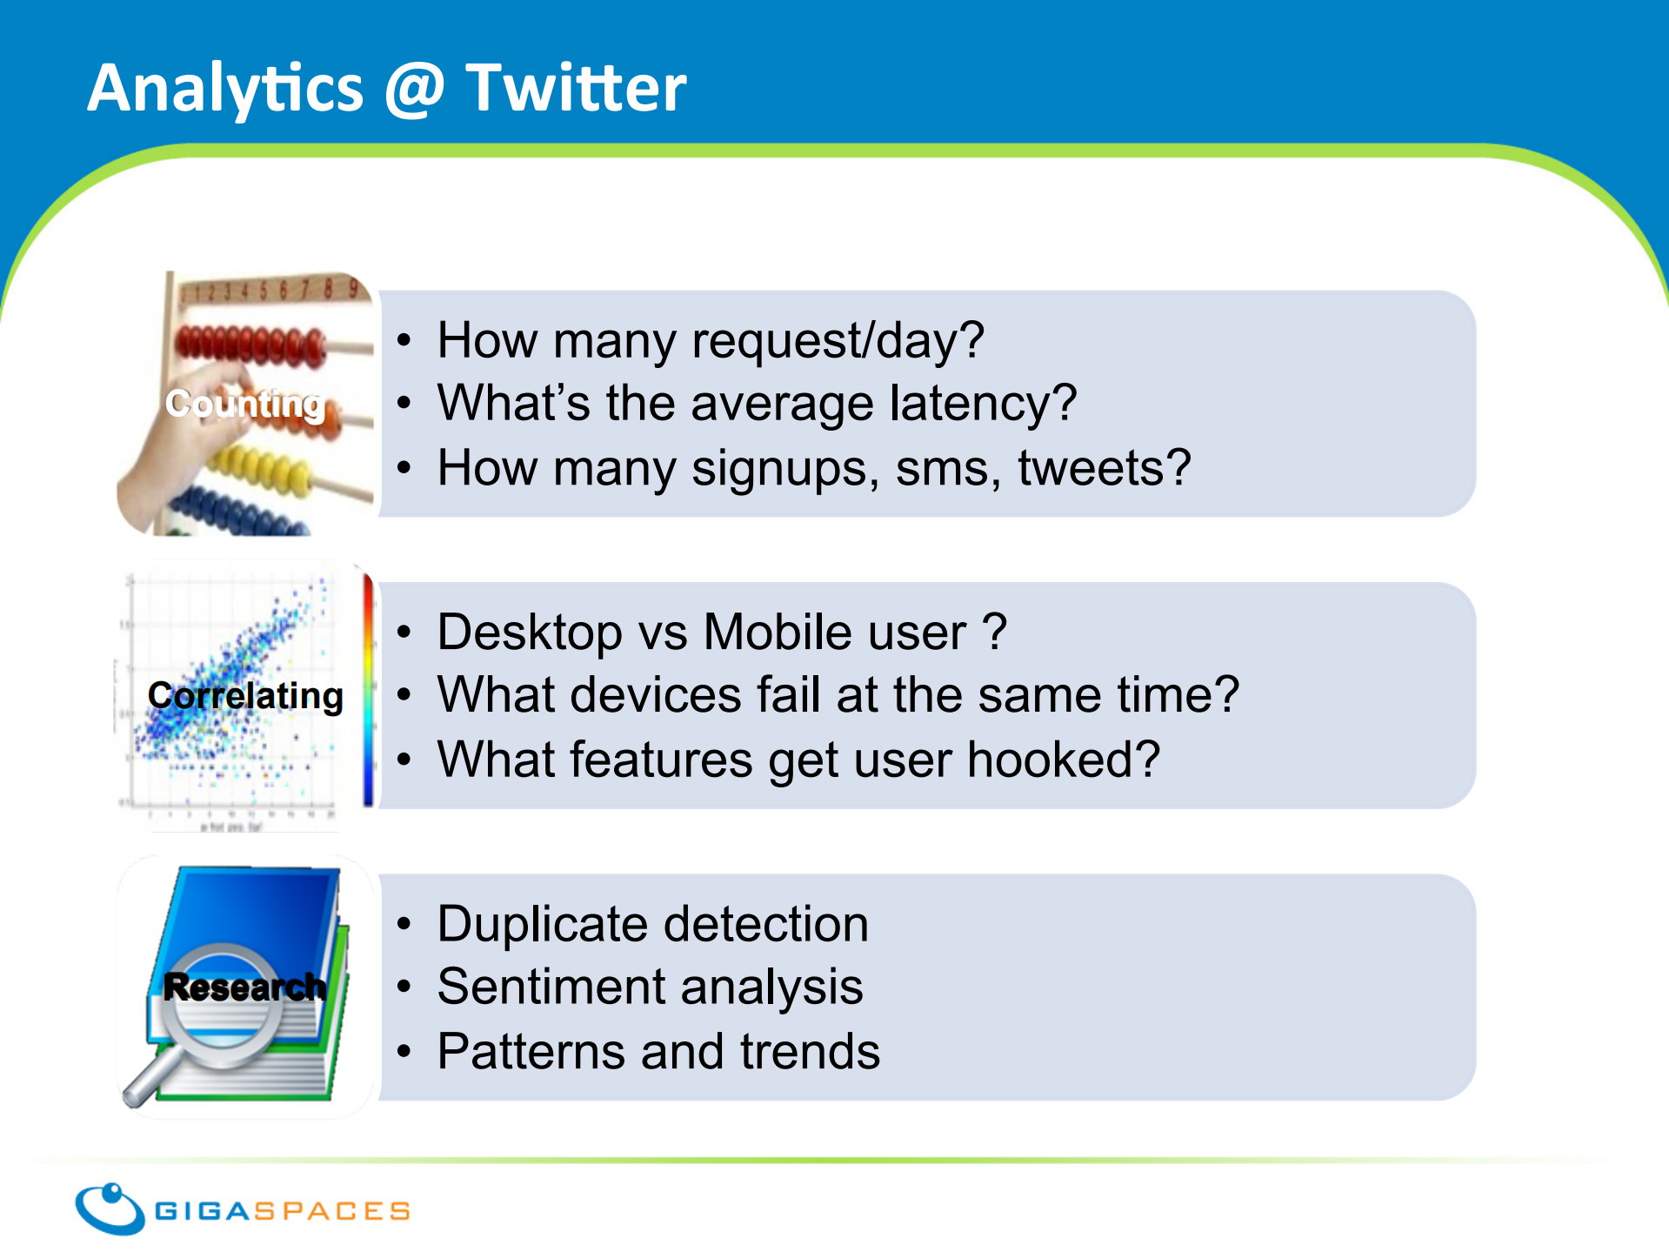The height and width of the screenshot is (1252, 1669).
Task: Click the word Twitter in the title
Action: (576, 88)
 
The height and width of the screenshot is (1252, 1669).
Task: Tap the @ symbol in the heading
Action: (414, 90)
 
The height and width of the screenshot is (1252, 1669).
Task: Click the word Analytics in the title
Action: (225, 90)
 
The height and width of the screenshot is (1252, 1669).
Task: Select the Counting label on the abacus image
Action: (245, 404)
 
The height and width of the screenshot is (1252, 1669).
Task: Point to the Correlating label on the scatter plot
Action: (245, 696)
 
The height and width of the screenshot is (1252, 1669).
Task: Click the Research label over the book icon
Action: (244, 987)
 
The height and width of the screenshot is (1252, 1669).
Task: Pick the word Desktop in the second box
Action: (530, 633)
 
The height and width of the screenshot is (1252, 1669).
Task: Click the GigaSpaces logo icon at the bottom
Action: (110, 1208)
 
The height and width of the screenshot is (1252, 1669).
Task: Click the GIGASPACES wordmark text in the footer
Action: (282, 1211)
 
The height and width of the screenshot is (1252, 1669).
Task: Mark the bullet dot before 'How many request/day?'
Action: (404, 341)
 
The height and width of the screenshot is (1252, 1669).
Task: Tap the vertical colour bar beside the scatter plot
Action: (369, 690)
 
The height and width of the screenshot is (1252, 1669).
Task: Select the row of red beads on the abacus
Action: (250, 345)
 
